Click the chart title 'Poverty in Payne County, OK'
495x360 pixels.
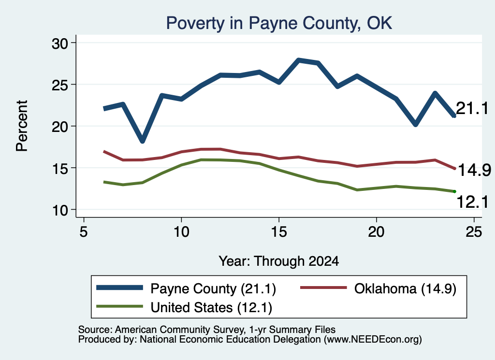click(x=279, y=23)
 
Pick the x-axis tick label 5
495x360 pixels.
click(x=83, y=232)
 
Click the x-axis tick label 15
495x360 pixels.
click(x=279, y=232)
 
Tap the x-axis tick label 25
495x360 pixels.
click(x=474, y=232)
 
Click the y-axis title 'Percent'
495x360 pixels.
click(x=22, y=126)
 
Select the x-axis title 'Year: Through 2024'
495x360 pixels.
click(x=279, y=261)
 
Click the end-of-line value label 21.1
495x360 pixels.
click(x=472, y=109)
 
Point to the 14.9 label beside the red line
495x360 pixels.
click(x=474, y=171)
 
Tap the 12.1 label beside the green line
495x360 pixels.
click(x=473, y=202)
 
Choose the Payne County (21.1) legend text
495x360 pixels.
click(x=213, y=288)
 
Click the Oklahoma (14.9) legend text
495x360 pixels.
click(x=406, y=288)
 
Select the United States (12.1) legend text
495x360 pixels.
click(x=211, y=308)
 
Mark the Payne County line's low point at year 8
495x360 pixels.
click(x=143, y=141)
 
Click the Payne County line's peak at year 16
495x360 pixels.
click(x=299, y=60)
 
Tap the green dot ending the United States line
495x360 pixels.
click(x=454, y=191)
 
